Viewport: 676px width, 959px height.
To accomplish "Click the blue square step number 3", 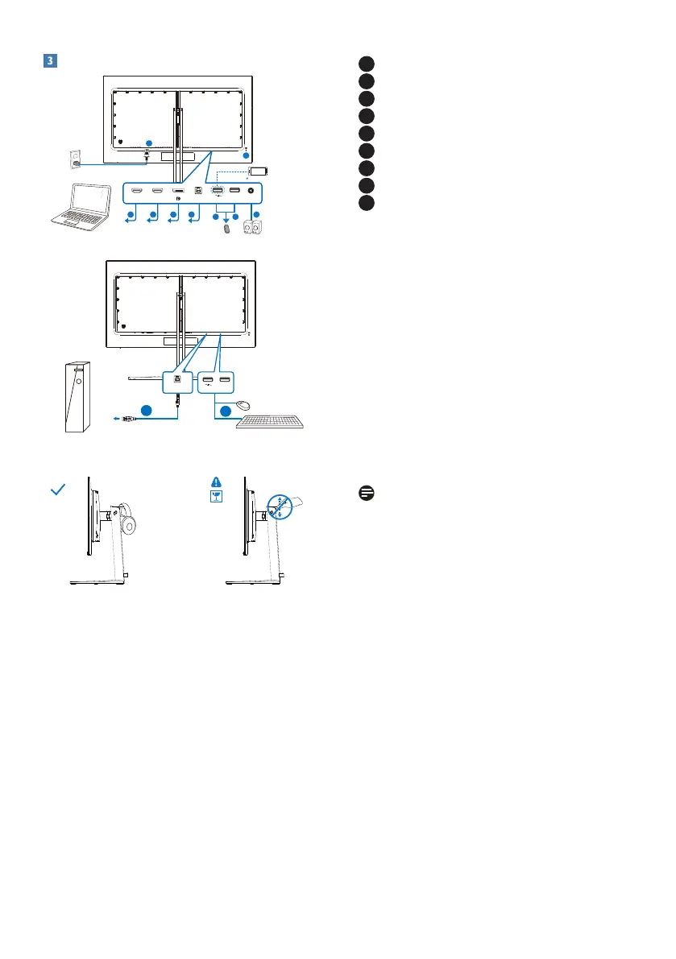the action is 48,60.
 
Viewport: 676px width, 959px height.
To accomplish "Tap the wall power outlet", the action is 77,159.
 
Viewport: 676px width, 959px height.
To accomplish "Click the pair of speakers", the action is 257,228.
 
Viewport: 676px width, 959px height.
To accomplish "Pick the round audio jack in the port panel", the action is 255,192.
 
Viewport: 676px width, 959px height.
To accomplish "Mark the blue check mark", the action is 57,490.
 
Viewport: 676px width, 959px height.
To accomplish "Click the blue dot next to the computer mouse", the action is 225,411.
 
